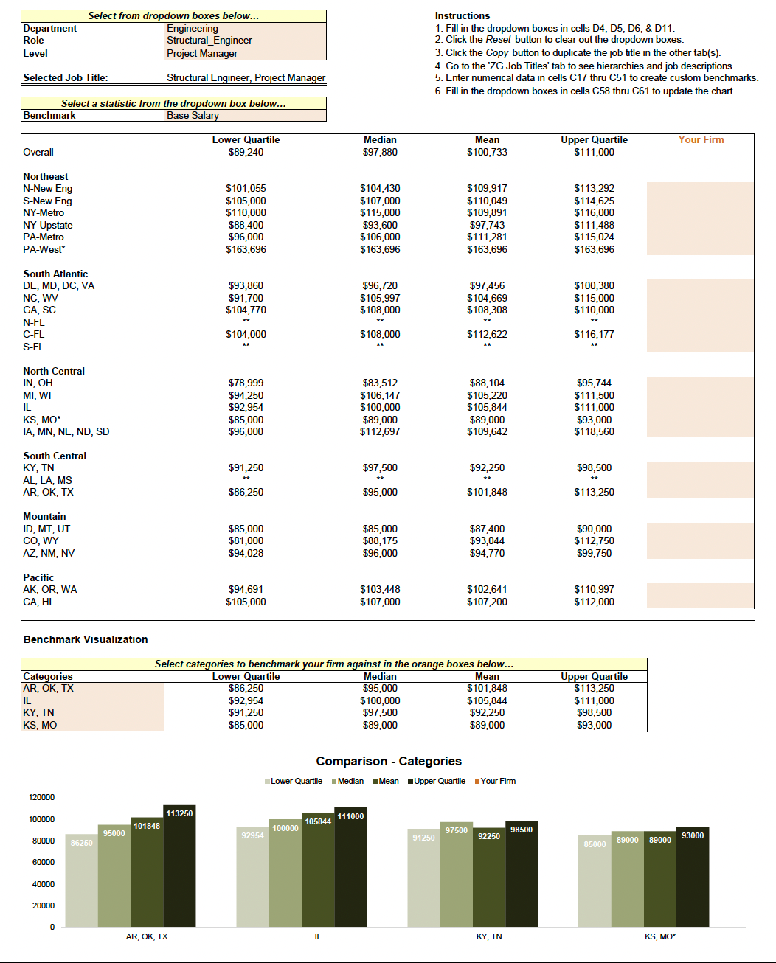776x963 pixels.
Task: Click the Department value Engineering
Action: pos(193,29)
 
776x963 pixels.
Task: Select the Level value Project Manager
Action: pos(202,53)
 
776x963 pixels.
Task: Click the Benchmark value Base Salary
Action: pos(193,115)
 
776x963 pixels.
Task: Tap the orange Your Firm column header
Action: pos(701,139)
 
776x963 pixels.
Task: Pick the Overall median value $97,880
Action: pos(380,152)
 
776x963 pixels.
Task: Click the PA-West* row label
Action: pos(44,249)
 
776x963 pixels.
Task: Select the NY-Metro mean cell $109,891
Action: pos(487,212)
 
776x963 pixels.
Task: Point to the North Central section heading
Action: pos(54,371)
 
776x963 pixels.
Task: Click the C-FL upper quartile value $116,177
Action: pos(594,334)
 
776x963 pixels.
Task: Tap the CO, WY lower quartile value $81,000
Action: pos(246,540)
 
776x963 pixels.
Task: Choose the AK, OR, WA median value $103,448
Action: pos(380,589)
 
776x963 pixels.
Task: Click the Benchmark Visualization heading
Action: pos(86,639)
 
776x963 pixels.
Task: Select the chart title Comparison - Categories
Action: pos(389,761)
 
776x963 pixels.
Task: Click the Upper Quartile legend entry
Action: pos(439,781)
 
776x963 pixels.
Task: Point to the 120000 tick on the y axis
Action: pos(41,797)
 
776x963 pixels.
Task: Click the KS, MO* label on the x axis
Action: pos(660,936)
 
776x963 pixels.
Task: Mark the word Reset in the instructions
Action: pos(499,40)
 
